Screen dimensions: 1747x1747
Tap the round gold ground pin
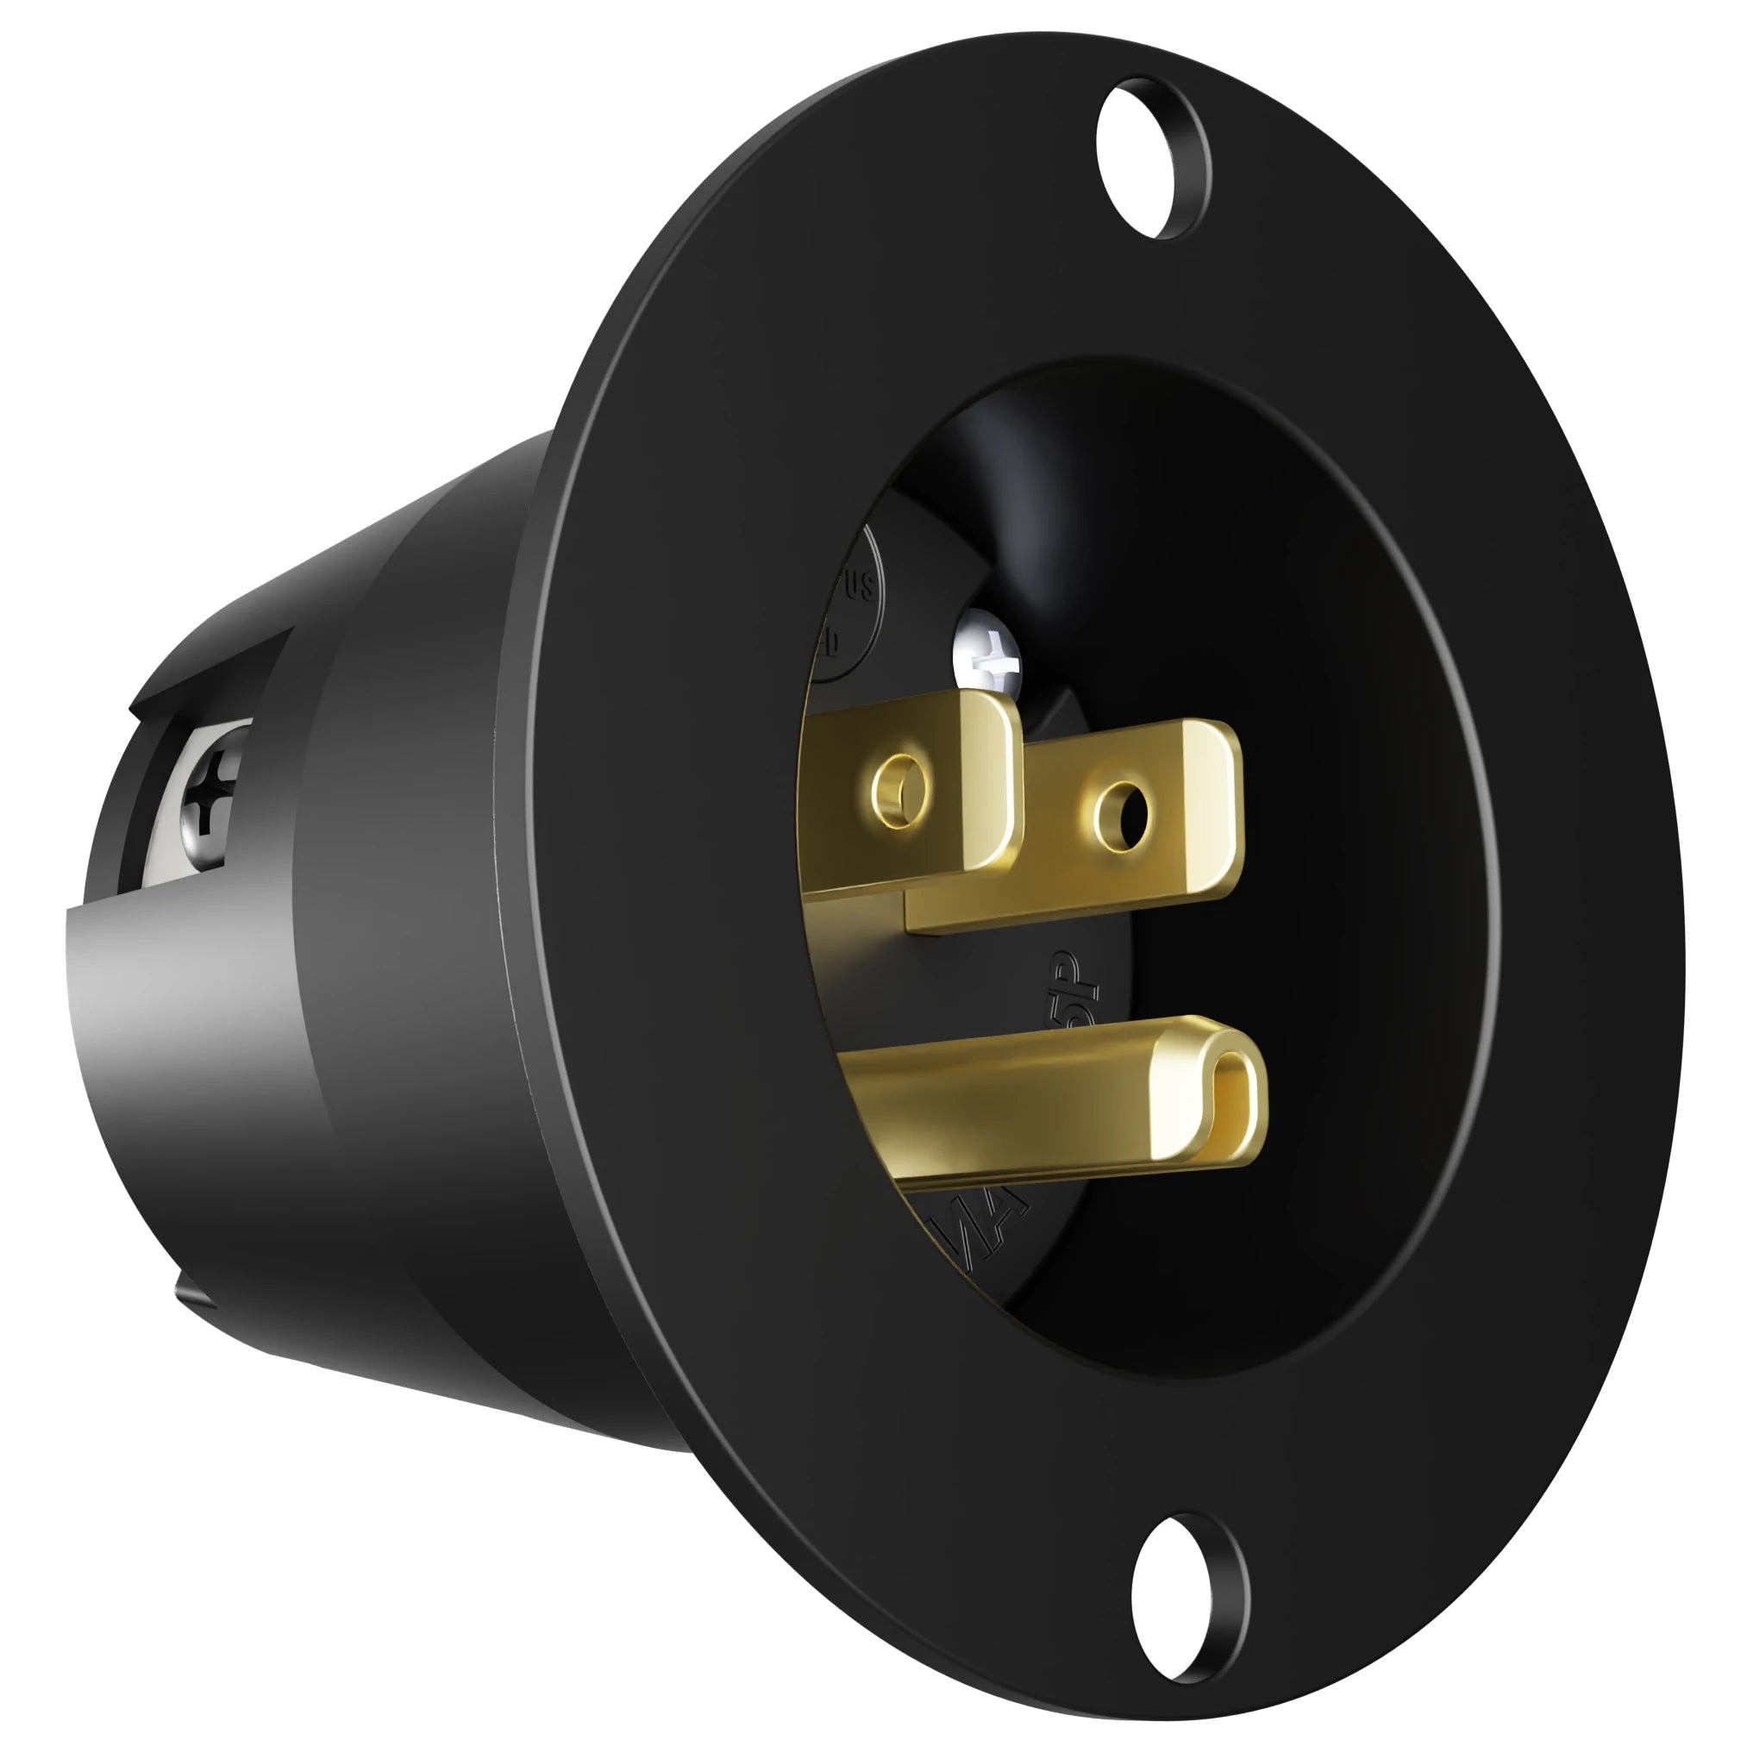click(1040, 1099)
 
